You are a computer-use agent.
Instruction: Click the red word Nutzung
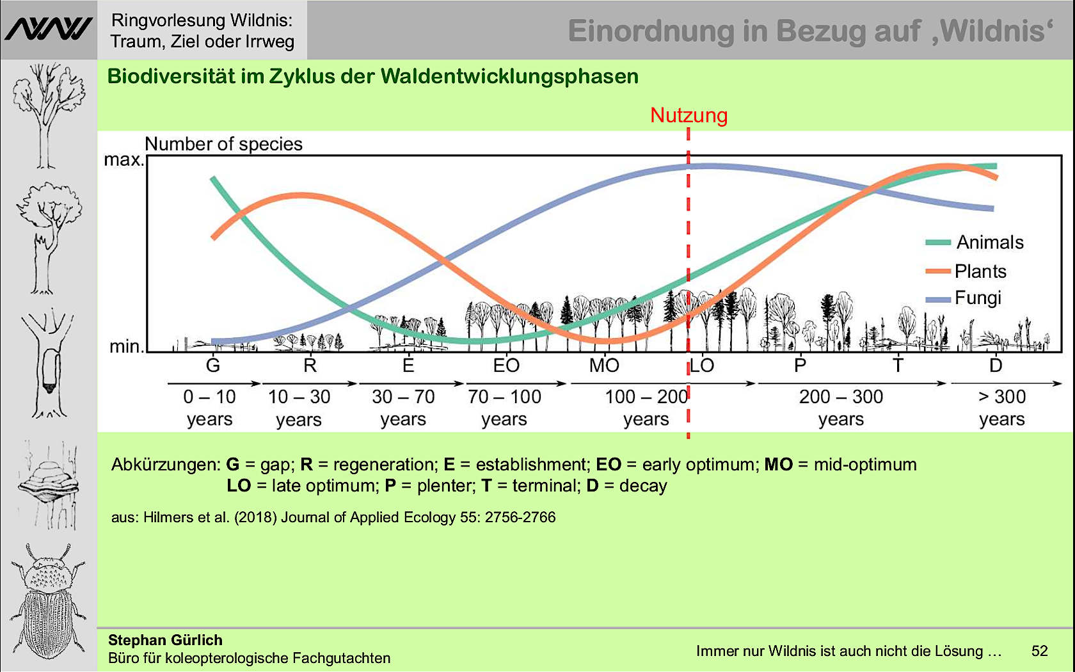689,115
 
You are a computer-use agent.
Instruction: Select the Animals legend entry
989,243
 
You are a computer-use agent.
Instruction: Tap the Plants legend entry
980,271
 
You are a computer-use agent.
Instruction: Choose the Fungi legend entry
977,298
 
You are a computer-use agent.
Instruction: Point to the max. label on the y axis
123,159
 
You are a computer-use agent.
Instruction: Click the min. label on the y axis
126,346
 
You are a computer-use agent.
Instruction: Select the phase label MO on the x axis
604,365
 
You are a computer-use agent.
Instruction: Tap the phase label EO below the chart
506,365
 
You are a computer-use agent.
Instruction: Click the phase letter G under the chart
213,365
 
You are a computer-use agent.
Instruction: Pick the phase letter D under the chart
996,365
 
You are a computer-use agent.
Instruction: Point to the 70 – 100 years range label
504,408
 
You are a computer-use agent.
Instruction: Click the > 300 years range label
1002,408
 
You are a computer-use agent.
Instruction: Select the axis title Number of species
223,144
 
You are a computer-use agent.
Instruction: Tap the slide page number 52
1040,651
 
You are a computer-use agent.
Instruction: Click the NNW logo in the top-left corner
49,29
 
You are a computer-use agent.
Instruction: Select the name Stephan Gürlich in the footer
165,640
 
